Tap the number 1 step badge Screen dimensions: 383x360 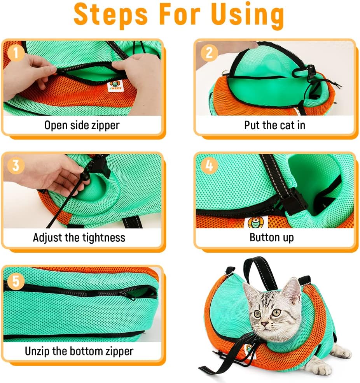pos(16,53)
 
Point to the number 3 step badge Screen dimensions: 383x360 pos(16,165)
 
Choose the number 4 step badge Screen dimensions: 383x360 pos(209,165)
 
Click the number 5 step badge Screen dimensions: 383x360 pos(16,281)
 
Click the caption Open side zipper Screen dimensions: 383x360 pos(82,125)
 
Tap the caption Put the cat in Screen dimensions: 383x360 pos(274,125)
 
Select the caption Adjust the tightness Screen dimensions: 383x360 pos(79,237)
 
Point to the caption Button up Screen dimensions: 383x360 pos(271,237)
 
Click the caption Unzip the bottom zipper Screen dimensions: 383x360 pos(79,351)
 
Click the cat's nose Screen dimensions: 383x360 pos(264,324)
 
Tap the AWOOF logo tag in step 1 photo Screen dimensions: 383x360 pos(114,85)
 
